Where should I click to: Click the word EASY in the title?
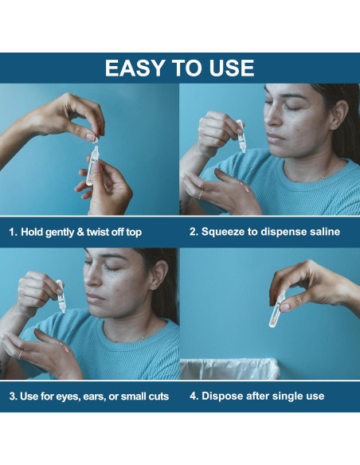pos(134,68)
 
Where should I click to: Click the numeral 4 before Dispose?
pos(193,396)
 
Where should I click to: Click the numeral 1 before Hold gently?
pos(12,232)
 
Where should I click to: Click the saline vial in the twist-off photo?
pos(92,166)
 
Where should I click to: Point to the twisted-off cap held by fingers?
pos(96,139)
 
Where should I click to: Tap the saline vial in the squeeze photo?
pos(241,136)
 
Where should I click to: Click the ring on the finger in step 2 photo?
pos(201,194)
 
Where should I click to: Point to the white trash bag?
pos(230,369)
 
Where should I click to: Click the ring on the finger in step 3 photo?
pos(20,354)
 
